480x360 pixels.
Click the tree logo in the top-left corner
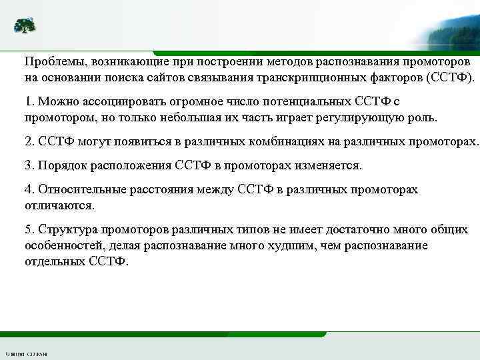(x=25, y=26)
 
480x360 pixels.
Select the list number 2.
(x=28, y=142)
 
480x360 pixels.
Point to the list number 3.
(x=28, y=165)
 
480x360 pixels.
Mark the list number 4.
(x=28, y=189)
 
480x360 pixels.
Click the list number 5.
(x=28, y=229)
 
